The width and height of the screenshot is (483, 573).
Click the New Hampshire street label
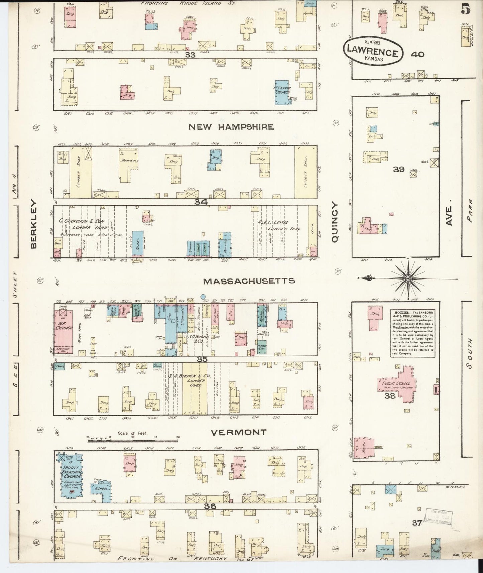(x=231, y=127)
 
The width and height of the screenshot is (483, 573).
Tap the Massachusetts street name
(x=249, y=281)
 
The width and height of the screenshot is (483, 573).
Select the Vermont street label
(x=239, y=432)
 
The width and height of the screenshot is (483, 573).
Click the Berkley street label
(x=33, y=224)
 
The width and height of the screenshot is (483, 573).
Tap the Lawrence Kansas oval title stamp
(x=373, y=51)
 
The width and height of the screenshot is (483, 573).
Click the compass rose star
(x=408, y=278)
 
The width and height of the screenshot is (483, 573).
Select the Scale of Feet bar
(x=132, y=441)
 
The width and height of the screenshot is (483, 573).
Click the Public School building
(x=398, y=384)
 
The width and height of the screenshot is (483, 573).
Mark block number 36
(x=210, y=506)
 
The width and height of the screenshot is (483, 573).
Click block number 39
(x=399, y=169)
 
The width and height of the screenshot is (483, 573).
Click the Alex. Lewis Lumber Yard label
(x=278, y=225)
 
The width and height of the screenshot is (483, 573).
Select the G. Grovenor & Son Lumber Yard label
(x=88, y=225)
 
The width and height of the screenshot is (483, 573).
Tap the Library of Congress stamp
(x=438, y=516)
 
